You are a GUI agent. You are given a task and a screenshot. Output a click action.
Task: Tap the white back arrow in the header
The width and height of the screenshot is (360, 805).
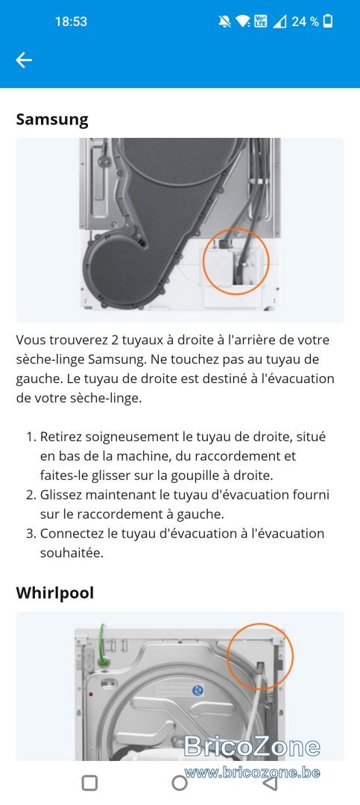pos(24,60)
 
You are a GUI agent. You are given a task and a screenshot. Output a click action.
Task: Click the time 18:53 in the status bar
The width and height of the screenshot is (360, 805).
pos(71,22)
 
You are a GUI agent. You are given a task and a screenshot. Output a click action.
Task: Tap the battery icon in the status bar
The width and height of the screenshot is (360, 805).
pos(328,21)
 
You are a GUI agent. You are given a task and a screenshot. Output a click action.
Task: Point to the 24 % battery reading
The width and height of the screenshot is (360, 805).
pos(305,22)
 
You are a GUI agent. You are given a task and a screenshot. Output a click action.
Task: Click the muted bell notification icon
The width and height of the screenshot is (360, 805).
pos(224,22)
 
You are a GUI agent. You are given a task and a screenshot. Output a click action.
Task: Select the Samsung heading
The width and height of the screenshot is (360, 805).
pos(52,119)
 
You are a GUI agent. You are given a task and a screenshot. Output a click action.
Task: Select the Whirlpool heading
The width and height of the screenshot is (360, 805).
pos(55,593)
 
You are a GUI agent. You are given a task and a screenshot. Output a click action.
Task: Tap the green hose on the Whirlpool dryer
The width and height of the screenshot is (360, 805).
pos(103,647)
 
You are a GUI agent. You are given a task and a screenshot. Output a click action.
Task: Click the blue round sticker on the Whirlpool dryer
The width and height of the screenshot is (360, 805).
pos(198,690)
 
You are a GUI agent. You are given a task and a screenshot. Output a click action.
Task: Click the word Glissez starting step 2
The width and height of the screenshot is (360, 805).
pos(60,496)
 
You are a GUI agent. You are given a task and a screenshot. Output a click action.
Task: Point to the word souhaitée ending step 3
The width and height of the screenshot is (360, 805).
pos(72,553)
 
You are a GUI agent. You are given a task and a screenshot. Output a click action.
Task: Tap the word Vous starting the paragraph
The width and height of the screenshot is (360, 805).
pos(31,341)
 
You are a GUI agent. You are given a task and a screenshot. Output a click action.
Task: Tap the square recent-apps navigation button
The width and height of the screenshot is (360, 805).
pos(90,783)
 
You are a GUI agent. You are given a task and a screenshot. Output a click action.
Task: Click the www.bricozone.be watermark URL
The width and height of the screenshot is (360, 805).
pos(252,773)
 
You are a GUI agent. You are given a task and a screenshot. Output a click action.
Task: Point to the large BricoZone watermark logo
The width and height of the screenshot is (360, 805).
pos(252,746)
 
